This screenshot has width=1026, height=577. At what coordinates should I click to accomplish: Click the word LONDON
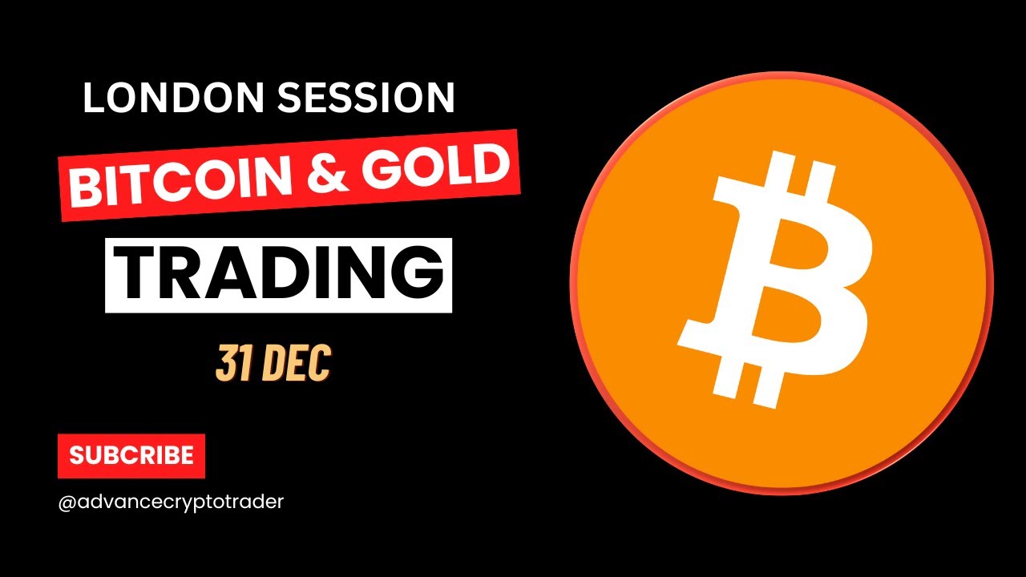click(x=174, y=97)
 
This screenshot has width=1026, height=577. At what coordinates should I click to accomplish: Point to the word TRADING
click(x=279, y=274)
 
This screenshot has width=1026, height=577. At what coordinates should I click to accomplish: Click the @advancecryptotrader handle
click(x=171, y=502)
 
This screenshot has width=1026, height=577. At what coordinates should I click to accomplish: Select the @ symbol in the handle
click(x=67, y=502)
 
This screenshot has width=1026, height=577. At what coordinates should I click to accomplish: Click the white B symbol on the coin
click(x=775, y=280)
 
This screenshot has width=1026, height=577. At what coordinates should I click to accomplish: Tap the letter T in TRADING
click(x=138, y=274)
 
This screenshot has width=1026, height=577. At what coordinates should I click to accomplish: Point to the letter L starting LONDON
click(x=93, y=98)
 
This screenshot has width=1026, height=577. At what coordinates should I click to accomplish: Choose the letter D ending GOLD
click(x=491, y=162)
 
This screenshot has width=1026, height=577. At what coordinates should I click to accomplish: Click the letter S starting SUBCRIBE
click(x=78, y=456)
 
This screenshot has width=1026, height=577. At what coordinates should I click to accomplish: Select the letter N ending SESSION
click(x=440, y=98)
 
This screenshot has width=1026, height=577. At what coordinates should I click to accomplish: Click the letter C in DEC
click(x=321, y=364)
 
